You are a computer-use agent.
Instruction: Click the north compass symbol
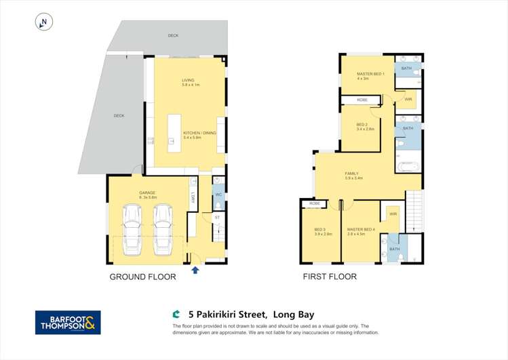click(x=43, y=22)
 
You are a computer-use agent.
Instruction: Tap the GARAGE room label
click(x=148, y=193)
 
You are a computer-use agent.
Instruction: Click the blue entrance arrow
click(x=195, y=270)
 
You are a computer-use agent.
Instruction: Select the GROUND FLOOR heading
click(x=143, y=277)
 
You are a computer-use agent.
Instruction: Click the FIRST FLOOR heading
click(x=330, y=277)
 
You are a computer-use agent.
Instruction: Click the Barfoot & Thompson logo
click(x=68, y=322)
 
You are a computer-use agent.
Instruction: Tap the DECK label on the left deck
click(x=119, y=116)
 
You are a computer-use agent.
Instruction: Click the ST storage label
click(x=218, y=218)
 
